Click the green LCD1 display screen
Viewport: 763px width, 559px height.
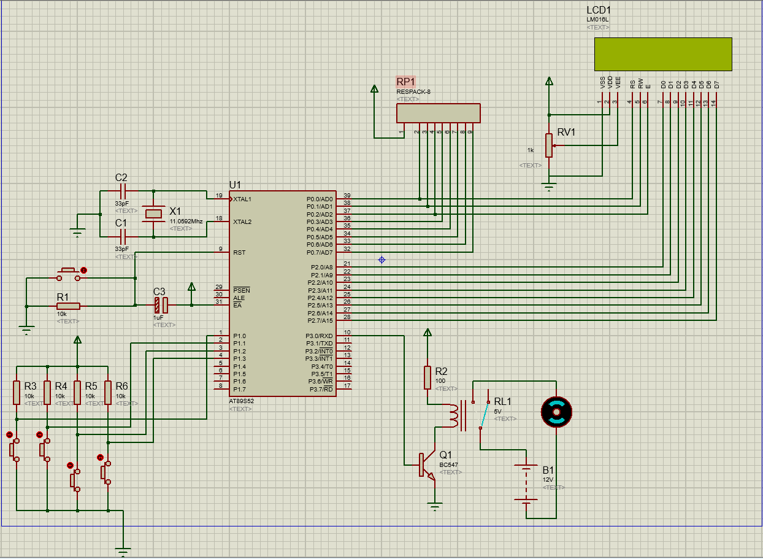pyautogui.click(x=663, y=54)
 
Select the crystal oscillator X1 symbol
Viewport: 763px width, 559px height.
pyautogui.click(x=153, y=214)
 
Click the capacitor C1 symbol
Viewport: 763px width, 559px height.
pyautogui.click(x=122, y=236)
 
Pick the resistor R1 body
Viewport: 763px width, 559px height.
pyautogui.click(x=68, y=306)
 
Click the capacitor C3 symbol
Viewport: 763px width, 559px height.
pyautogui.click(x=161, y=306)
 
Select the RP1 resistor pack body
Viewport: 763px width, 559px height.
pyautogui.click(x=438, y=113)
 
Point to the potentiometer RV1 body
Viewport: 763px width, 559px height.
pyautogui.click(x=549, y=145)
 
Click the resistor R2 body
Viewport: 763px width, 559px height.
pyautogui.click(x=428, y=377)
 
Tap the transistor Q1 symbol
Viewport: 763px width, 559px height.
pyautogui.click(x=427, y=465)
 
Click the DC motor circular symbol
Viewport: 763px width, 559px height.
pyautogui.click(x=556, y=412)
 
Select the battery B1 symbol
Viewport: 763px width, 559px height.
pyautogui.click(x=526, y=484)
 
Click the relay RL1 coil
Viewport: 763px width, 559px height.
pyautogui.click(x=454, y=415)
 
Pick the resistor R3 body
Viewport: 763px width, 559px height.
pyautogui.click(x=17, y=393)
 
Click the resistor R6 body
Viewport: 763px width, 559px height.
pyautogui.click(x=109, y=393)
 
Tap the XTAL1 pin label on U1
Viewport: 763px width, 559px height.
pyautogui.click(x=242, y=199)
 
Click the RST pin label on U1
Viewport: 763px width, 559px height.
pyautogui.click(x=239, y=252)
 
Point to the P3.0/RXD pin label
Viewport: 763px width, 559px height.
pyautogui.click(x=319, y=336)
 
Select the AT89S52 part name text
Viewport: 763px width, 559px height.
pyautogui.click(x=241, y=401)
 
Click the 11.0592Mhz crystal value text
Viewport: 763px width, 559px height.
pyautogui.click(x=186, y=221)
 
